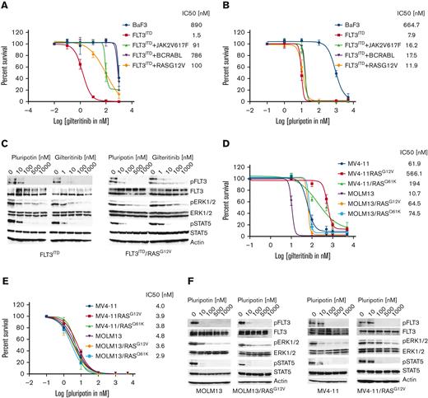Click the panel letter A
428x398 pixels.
click(x=6, y=6)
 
